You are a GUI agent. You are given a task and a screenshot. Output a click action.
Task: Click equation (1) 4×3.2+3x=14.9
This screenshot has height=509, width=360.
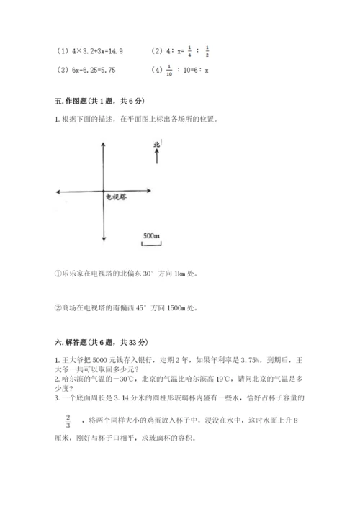[x=91, y=51]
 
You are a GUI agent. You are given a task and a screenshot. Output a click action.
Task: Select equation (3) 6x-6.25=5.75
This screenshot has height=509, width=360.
[x=86, y=71]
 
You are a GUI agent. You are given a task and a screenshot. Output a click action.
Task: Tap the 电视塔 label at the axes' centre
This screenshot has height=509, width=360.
[x=117, y=196]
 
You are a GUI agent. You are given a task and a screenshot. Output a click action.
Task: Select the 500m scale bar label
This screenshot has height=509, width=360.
[x=151, y=235]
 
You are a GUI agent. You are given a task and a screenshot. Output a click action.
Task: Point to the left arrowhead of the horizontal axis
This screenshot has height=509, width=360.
[x=58, y=191]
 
